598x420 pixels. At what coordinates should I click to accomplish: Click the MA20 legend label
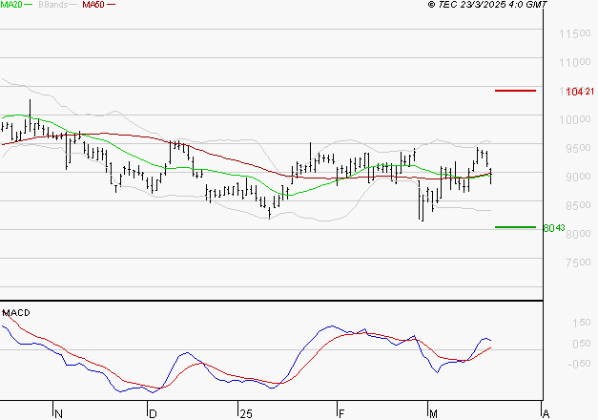(11, 5)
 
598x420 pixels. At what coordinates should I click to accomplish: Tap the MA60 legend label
(93, 5)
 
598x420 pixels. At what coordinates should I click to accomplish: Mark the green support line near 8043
(515, 227)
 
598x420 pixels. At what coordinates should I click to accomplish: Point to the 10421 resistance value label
(580, 92)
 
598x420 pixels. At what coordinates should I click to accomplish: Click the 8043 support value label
(554, 228)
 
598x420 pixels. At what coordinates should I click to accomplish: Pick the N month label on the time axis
(58, 413)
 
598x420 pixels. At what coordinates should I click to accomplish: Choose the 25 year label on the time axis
(246, 413)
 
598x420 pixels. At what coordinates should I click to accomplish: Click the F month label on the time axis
(340, 413)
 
